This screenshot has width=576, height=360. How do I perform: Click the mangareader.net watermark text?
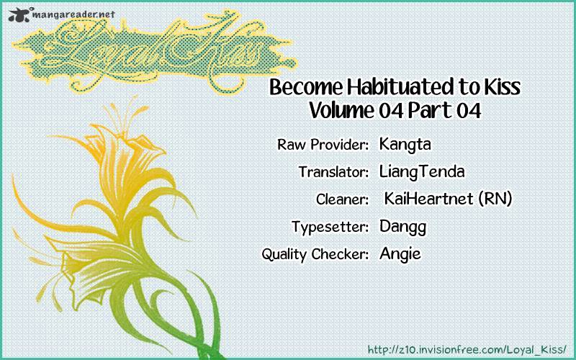coord(74,14)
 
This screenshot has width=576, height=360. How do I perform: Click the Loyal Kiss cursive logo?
coord(154,51)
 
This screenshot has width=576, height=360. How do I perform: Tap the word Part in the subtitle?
coord(430,110)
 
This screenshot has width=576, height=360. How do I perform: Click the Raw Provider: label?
coord(323,145)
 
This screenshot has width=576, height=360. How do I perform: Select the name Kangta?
coord(405,145)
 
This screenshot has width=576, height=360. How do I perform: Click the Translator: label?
coord(333,172)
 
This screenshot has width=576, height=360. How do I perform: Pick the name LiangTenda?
coord(422,172)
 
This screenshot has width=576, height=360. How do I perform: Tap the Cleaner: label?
coord(343,199)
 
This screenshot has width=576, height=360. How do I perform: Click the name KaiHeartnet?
coord(428,199)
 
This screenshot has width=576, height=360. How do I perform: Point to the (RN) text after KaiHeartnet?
coord(495,199)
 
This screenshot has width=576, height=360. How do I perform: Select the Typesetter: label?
coord(330,227)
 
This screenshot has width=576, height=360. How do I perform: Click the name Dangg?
coord(402,227)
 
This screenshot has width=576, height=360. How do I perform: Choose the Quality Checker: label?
coord(315,254)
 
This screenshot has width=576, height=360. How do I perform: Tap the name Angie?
coord(400,254)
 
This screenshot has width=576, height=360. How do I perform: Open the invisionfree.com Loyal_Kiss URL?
coord(467,349)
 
